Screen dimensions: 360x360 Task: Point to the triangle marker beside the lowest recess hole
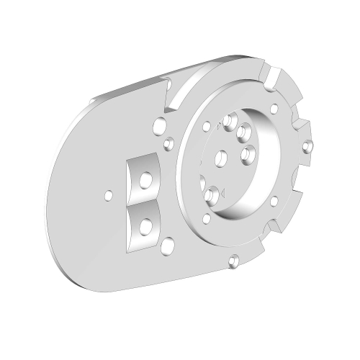pyautogui.click(x=225, y=192)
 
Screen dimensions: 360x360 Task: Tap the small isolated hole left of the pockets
pyautogui.click(x=108, y=194)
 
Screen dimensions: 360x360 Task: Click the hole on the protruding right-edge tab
pyautogui.click(x=310, y=148)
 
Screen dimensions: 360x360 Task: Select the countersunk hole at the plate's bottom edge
pyautogui.click(x=233, y=261)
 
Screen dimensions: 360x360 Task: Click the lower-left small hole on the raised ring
pyautogui.click(x=207, y=218)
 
